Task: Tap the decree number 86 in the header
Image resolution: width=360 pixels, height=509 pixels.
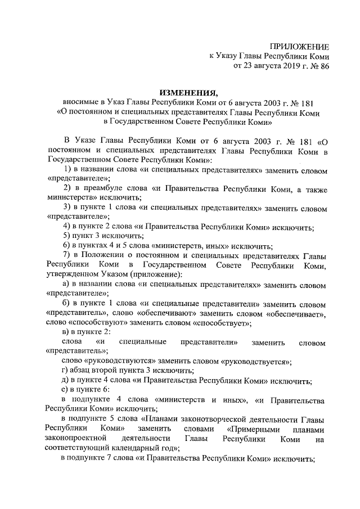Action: [323, 66]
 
